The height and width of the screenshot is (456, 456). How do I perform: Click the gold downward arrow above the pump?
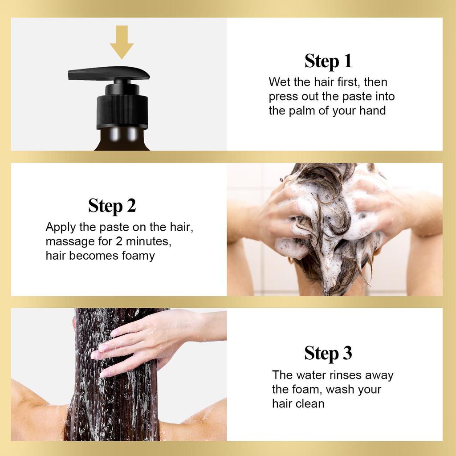click(x=122, y=42)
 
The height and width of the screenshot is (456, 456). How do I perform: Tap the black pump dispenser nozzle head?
click(x=109, y=73)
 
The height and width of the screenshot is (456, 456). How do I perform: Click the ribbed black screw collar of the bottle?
click(x=122, y=111)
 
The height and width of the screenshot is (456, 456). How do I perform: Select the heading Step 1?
click(x=328, y=61)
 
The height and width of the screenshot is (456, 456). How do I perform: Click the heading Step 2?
click(x=112, y=206)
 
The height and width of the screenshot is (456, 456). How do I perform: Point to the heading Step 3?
click(x=328, y=353)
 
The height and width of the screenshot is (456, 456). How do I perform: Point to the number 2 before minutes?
click(x=119, y=241)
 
